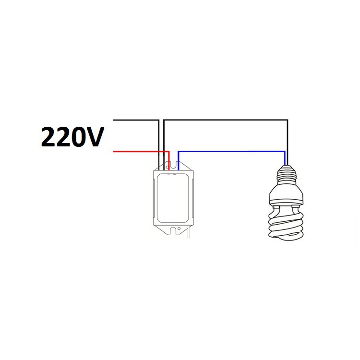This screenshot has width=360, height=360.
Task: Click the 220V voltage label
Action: (72, 137)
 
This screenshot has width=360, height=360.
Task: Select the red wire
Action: (139, 152)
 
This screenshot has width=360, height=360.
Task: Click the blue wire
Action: (230, 152)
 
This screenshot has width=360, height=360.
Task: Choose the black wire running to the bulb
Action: (226, 120)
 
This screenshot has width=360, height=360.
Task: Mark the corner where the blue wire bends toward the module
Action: (179, 152)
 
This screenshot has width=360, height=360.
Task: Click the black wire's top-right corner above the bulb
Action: (287, 120)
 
